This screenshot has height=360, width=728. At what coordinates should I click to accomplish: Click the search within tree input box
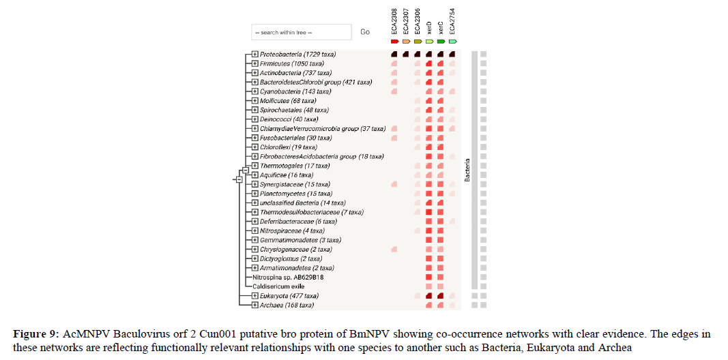(x=301, y=32)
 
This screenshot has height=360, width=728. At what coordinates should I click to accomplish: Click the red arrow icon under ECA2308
(x=394, y=42)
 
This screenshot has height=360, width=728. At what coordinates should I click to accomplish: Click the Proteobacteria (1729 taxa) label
(x=297, y=54)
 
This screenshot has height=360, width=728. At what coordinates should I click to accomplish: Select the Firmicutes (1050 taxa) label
(x=292, y=63)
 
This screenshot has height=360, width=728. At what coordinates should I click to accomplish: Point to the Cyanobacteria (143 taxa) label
(x=295, y=91)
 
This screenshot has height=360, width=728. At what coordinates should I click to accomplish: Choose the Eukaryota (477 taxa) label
(x=289, y=296)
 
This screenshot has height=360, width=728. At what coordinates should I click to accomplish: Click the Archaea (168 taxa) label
(x=287, y=305)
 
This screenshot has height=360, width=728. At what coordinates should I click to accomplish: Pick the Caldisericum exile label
(x=278, y=286)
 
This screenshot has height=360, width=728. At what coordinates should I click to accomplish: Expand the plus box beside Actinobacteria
(x=254, y=73)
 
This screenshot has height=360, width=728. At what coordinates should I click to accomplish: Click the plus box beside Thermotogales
(x=254, y=166)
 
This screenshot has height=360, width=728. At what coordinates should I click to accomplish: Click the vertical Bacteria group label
(x=467, y=170)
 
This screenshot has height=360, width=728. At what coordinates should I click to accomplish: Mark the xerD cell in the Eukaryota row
(x=429, y=296)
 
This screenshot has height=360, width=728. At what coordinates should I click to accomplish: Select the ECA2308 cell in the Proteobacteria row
(x=394, y=54)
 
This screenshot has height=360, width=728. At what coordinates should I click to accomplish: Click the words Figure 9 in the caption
(x=35, y=335)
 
